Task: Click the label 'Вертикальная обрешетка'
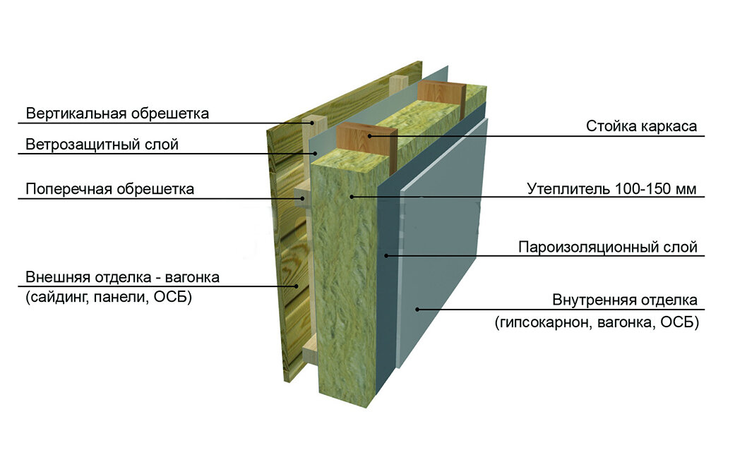[117, 113]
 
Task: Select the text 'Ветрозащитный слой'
[102, 145]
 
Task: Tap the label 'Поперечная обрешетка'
[109, 189]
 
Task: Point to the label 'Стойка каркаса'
[641, 126]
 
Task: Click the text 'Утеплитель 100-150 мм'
[611, 189]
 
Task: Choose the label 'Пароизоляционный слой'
[607, 248]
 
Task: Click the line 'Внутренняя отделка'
[624, 300]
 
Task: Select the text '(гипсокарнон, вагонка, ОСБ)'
[597, 323]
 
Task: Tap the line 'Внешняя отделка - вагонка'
[122, 276]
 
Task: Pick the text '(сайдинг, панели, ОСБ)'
[109, 297]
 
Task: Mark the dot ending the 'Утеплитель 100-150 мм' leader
[351, 195]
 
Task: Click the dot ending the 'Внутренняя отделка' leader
[417, 307]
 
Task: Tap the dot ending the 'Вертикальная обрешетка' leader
[311, 123]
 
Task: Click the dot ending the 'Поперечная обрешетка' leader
[304, 198]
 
